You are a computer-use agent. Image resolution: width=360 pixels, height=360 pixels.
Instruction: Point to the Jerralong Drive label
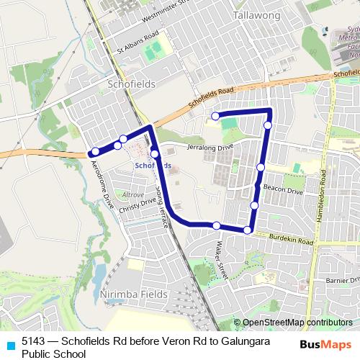[210, 146]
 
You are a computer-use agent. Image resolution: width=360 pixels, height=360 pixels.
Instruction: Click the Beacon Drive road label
[283, 189]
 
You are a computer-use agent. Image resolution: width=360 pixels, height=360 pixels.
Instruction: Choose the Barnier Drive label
[341, 279]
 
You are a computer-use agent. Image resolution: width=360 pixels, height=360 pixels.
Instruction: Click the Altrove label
[133, 194]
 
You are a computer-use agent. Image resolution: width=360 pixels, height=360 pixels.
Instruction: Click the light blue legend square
[10, 343]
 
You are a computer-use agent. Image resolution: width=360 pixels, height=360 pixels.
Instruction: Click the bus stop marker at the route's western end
[94, 151]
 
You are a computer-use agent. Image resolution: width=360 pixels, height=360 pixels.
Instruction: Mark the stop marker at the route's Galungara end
[215, 116]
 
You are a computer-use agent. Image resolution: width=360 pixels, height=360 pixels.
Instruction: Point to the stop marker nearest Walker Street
[217, 225]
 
